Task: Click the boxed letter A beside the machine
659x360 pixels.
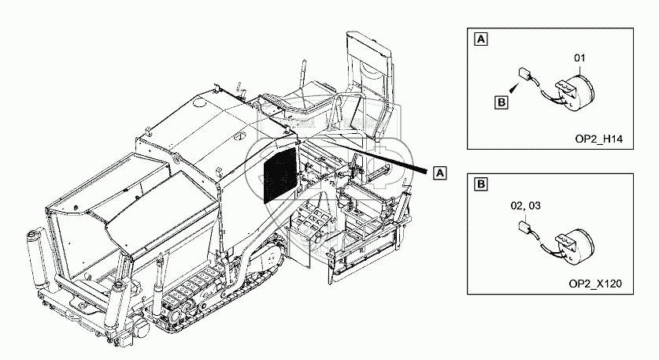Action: click(440, 172)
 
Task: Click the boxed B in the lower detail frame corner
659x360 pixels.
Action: click(480, 184)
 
